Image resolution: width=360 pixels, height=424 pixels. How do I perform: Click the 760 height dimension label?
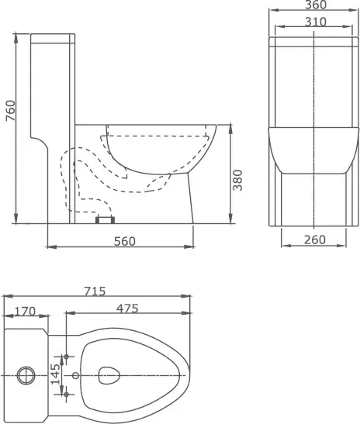(x=11, y=110)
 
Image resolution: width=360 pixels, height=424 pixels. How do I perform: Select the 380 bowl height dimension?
(x=237, y=180)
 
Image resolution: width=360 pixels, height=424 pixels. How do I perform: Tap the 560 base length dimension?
(x=124, y=241)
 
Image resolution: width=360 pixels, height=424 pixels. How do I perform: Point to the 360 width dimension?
(x=316, y=5)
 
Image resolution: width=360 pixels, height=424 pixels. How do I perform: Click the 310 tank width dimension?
(x=316, y=22)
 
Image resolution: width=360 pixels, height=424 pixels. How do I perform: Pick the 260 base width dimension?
(x=314, y=240)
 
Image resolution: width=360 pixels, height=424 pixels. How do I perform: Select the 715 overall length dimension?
(x=95, y=291)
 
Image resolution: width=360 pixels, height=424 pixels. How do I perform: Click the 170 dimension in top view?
(x=25, y=312)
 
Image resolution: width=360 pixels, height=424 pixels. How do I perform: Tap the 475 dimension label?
(x=127, y=309)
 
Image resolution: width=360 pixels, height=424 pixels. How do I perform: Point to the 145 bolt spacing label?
(x=56, y=374)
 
